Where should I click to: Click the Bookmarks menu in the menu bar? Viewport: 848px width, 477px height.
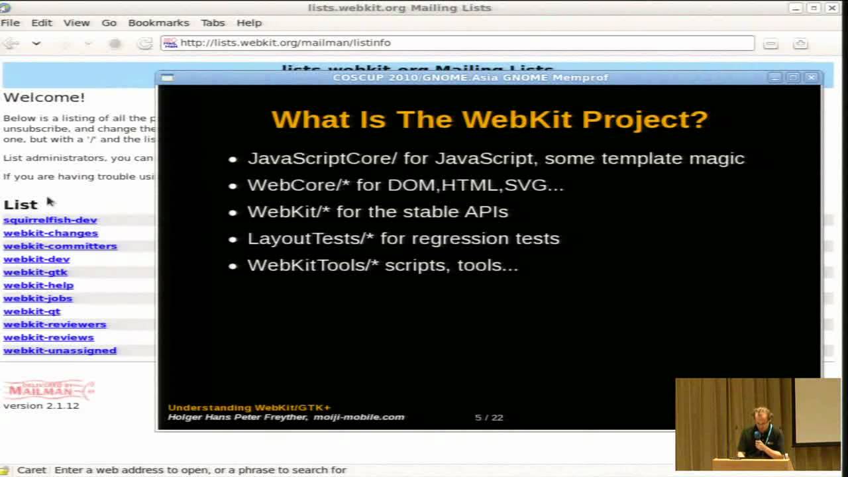[x=158, y=23]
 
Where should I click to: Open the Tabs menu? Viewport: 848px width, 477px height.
[x=213, y=23]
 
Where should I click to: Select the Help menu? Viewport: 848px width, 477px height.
[x=249, y=23]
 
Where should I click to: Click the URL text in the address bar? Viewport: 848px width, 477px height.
[x=286, y=42]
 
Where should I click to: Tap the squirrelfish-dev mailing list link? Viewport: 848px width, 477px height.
[x=50, y=220]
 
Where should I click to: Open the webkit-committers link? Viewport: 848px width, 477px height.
[x=60, y=246]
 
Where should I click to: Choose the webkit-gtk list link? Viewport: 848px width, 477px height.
[x=36, y=272]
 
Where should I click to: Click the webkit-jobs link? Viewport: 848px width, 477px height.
[x=38, y=298]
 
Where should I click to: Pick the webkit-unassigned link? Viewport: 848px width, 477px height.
[x=60, y=350]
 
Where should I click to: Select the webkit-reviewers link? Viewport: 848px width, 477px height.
[x=55, y=324]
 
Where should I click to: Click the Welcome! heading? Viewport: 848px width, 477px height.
[x=44, y=97]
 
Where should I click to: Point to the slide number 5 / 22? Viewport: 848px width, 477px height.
[x=489, y=417]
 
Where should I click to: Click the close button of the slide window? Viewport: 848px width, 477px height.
[x=811, y=78]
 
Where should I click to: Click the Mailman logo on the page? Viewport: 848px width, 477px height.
[x=49, y=389]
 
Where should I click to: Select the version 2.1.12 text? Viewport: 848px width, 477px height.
[x=41, y=405]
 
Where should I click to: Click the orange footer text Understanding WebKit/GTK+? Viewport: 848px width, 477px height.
[x=249, y=407]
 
